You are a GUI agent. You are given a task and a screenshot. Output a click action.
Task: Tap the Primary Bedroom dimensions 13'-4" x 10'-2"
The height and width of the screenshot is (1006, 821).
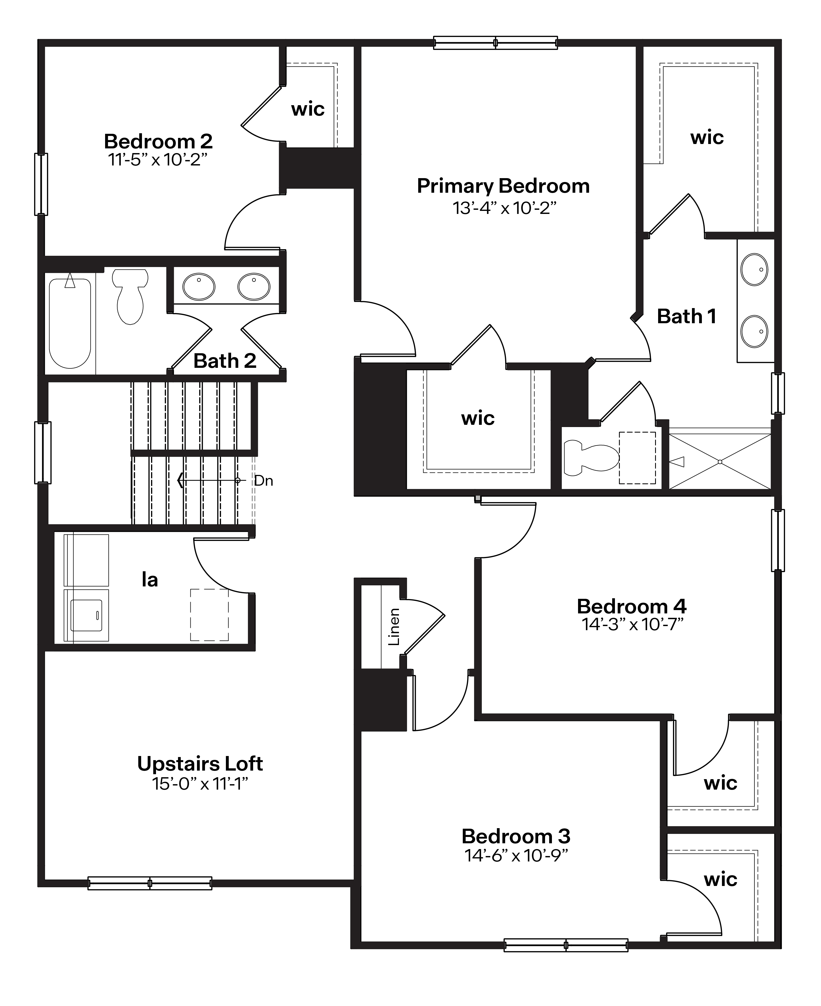coord(504,208)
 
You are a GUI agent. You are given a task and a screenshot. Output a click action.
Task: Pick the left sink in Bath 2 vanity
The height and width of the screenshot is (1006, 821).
coord(199,286)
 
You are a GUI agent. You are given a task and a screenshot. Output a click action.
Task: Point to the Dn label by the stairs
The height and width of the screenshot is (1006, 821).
coord(263,481)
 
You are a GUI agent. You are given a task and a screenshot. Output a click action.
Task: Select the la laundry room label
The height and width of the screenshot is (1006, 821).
coord(149,580)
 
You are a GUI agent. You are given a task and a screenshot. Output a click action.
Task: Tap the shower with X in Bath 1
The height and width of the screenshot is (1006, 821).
coord(720,461)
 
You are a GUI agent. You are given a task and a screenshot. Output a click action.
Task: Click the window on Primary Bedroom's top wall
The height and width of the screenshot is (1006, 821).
coord(495,43)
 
